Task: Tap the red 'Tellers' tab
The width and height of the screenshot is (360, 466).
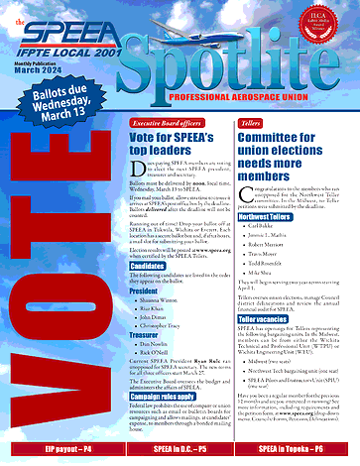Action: coord(250,122)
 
